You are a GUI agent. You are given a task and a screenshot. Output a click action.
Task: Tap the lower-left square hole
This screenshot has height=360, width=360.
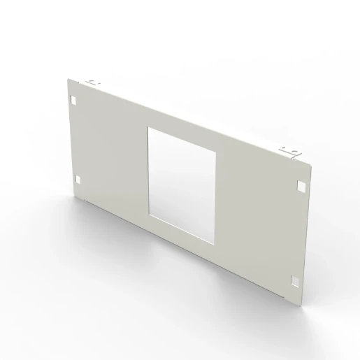coord(77,178)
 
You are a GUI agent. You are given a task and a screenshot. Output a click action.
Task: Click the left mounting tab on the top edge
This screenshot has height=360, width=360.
coord(94,82)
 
